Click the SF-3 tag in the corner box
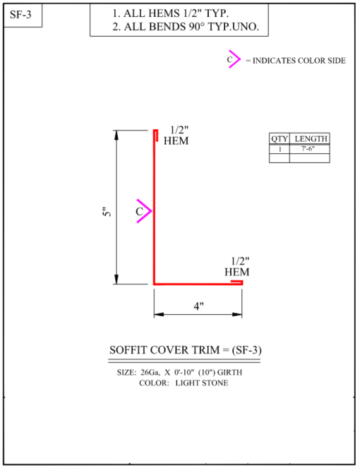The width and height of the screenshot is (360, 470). pyautogui.click(x=20, y=14)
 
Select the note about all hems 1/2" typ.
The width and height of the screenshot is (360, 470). pyautogui.click(x=171, y=13)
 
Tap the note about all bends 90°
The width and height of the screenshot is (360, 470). pyautogui.click(x=186, y=27)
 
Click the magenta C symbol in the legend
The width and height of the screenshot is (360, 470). pyautogui.click(x=234, y=59)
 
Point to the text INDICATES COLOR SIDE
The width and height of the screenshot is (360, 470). pyautogui.click(x=299, y=61)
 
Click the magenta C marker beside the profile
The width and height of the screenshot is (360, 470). pyautogui.click(x=144, y=211)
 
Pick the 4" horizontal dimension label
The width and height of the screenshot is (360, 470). pyautogui.click(x=198, y=306)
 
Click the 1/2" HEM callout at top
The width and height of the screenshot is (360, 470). pyautogui.click(x=176, y=135)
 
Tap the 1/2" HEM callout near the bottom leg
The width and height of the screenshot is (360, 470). pyautogui.click(x=237, y=267)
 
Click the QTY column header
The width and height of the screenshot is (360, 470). pyautogui.click(x=280, y=139)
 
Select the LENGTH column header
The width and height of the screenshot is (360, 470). pyautogui.click(x=311, y=139)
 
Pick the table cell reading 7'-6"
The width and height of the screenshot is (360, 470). pyautogui.click(x=308, y=149)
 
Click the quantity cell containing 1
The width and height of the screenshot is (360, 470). pyautogui.click(x=280, y=149)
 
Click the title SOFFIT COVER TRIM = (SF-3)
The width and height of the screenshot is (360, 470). pyautogui.click(x=185, y=350)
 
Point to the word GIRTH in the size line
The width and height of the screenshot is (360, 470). pyautogui.click(x=229, y=373)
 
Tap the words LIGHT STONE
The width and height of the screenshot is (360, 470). pyautogui.click(x=202, y=383)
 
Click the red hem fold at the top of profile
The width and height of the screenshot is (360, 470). pyautogui.click(x=156, y=135)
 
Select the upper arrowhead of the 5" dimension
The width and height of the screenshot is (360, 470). pyautogui.click(x=116, y=135)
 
